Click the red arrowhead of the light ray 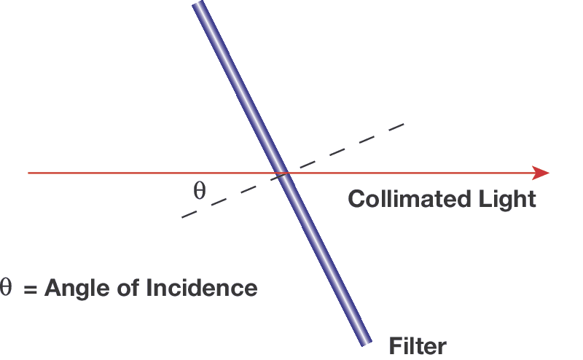pyautogui.click(x=541, y=173)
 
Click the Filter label pyautogui.click(x=418, y=345)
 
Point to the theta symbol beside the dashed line pyautogui.click(x=199, y=191)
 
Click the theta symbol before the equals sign pyautogui.click(x=7, y=287)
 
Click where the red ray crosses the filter pyautogui.click(x=281, y=173)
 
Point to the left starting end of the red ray pyautogui.click(x=28, y=173)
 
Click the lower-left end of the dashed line pyautogui.click(x=182, y=217)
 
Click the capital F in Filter pyautogui.click(x=395, y=345)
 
